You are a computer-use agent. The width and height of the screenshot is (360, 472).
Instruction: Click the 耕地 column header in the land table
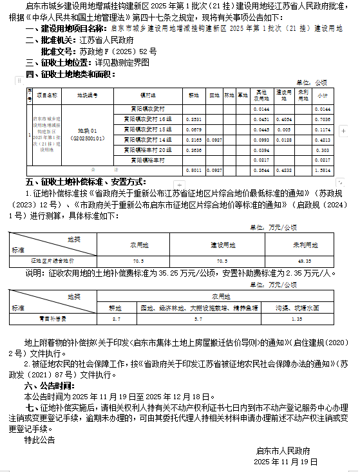[x=193, y=95]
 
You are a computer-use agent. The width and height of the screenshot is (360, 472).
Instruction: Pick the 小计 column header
[x=323, y=95]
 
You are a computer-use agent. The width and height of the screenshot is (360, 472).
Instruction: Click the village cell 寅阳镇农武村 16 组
[x=152, y=119]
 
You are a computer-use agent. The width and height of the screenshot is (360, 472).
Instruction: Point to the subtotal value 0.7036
[x=323, y=119]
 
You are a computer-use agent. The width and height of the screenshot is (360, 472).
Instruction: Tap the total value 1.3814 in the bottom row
[x=323, y=170]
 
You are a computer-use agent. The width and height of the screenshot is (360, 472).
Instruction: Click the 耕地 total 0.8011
[x=193, y=170]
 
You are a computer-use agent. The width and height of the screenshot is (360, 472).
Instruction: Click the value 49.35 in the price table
[x=305, y=261]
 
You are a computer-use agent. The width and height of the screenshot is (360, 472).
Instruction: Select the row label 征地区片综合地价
[x=53, y=261]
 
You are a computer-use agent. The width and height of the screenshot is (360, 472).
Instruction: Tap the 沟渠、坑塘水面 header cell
[x=297, y=308]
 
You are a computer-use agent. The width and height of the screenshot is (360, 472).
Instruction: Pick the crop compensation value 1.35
[x=297, y=319]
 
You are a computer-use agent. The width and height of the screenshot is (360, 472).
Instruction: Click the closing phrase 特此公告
[x=40, y=440]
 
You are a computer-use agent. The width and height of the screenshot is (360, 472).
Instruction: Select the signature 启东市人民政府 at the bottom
[x=283, y=451]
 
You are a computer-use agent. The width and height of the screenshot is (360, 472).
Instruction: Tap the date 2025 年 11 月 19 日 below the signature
[x=286, y=462]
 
